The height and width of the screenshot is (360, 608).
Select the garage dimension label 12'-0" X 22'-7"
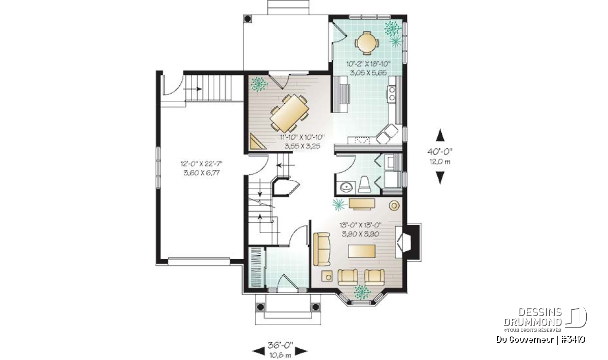coord(202,164)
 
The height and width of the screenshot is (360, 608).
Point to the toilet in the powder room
coord(364,184)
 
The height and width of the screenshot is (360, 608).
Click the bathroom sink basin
coord(347,187)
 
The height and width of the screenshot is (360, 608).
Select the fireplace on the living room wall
coord(408,242)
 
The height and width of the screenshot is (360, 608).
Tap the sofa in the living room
coord(322,249)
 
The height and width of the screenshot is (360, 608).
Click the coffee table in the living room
coord(362,251)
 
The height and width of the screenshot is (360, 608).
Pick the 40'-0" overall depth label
coord(440,151)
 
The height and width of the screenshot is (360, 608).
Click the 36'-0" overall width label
coord(280,345)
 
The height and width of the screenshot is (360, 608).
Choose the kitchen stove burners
coord(392,93)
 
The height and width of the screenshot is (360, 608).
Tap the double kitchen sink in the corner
coord(387,134)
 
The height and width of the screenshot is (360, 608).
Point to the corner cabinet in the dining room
coord(257,141)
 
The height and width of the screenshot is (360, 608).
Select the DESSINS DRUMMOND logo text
coord(533,317)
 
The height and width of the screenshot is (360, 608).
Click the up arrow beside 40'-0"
coord(440,135)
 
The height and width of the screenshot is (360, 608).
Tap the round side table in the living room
coord(394,206)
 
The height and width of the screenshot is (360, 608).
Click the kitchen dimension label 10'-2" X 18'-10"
coord(368,64)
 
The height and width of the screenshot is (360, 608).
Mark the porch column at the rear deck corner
coord(248,18)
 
